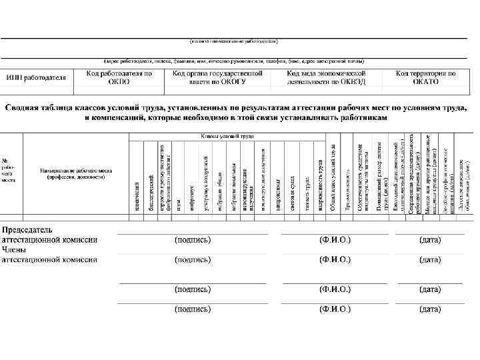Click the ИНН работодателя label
coord(36,77)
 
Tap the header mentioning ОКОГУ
coord(209,77)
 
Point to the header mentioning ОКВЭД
coord(327,77)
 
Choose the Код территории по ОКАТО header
coord(425,77)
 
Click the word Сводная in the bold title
coord(27,107)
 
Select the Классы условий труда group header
coord(228,136)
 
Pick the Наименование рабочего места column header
coord(75,174)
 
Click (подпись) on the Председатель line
coord(193,239)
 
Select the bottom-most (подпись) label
coord(193,309)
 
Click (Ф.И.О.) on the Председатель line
coord(335,239)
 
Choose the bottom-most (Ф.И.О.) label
coord(335,309)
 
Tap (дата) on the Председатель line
coord(429,239)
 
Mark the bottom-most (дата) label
coord(429,309)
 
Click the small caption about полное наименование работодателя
coord(233,41)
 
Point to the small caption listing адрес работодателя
coord(233,61)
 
